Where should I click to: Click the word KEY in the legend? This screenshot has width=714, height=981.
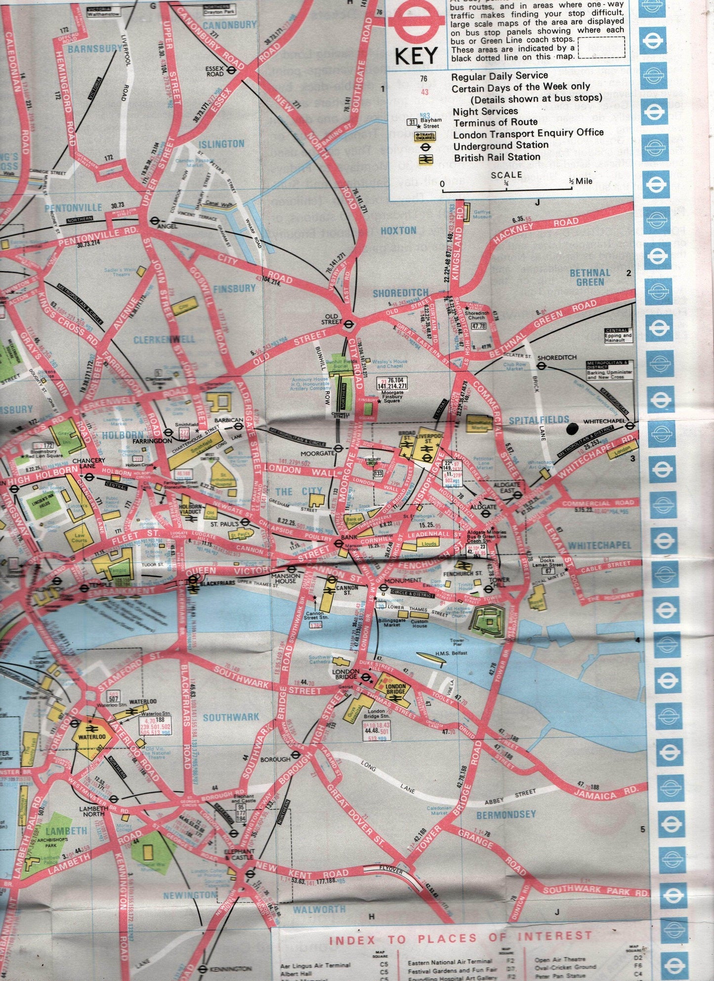(x=417, y=56)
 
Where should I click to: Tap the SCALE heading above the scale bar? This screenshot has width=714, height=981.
(x=506, y=175)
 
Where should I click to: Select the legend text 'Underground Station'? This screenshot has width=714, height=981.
(x=501, y=145)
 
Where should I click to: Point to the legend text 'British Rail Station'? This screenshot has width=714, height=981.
(x=497, y=157)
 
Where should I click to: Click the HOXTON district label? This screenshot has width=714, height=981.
(x=398, y=230)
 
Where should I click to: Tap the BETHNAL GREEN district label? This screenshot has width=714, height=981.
(x=590, y=277)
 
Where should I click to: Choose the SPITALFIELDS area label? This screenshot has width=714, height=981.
(x=539, y=420)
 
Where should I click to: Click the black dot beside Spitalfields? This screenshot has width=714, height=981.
(x=573, y=429)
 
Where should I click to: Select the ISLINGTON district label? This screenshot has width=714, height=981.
(x=221, y=144)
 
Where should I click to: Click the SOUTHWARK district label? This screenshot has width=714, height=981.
(x=231, y=717)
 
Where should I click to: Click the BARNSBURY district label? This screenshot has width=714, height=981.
(x=95, y=48)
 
